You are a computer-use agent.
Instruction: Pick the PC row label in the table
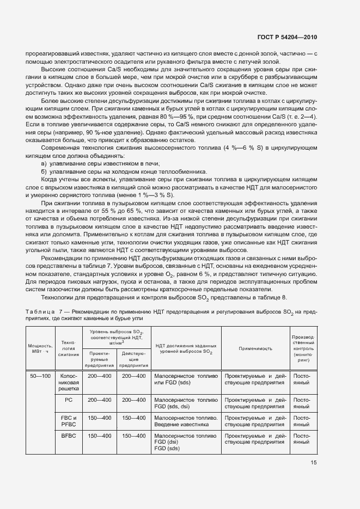pos(69,400)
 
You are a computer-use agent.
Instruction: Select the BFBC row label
pos(69,436)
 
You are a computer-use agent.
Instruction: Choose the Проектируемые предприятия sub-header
pos(100,359)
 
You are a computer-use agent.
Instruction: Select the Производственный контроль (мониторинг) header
pos(303,348)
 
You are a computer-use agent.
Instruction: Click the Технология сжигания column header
pos(69,348)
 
